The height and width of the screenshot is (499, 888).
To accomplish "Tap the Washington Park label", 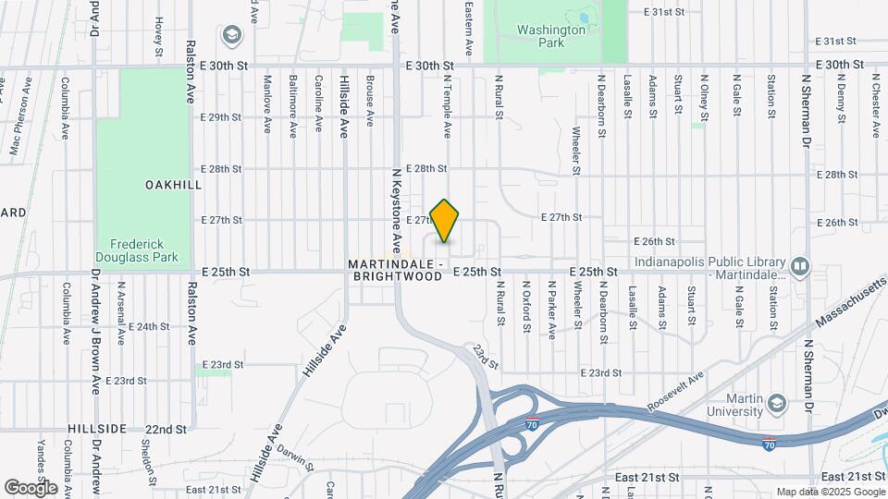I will click(x=552, y=36).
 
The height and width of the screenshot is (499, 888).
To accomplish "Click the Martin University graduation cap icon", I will click(x=776, y=404).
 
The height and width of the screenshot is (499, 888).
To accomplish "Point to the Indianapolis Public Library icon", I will click(x=800, y=268).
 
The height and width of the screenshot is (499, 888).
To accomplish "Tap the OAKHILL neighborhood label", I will click(x=173, y=185).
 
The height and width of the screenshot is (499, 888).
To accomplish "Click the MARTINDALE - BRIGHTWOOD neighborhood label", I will click(x=397, y=270).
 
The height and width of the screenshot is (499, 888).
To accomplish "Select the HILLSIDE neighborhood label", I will click(x=96, y=430).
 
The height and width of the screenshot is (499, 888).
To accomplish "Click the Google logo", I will click(x=31, y=487).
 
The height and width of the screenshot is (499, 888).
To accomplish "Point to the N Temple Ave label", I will click(x=447, y=106).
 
